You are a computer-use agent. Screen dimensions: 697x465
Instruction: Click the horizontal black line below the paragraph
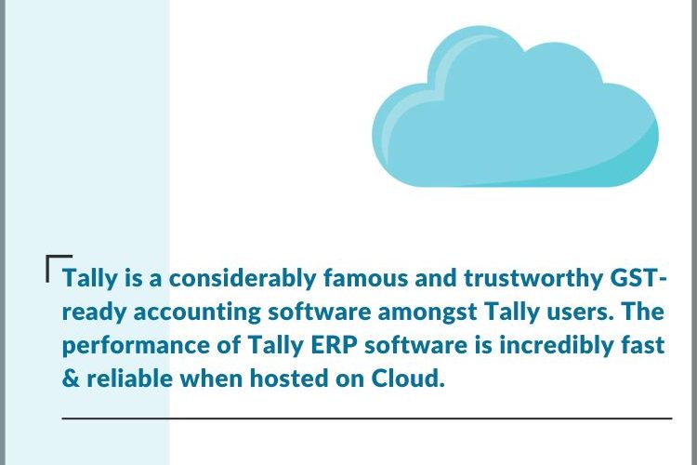pyautogui.click(x=367, y=418)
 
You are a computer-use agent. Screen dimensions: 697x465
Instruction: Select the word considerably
pyautogui.click(x=243, y=279)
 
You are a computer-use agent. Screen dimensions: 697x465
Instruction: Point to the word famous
pyautogui.click(x=365, y=278)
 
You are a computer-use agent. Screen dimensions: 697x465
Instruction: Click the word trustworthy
pyautogui.click(x=532, y=279)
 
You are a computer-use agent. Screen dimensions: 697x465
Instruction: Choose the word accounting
pyautogui.click(x=197, y=312)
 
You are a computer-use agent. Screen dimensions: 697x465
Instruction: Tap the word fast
pyautogui.click(x=643, y=345)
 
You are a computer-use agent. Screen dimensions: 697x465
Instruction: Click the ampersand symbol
pyautogui.click(x=71, y=379)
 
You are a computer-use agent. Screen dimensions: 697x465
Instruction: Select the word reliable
pyautogui.click(x=129, y=379)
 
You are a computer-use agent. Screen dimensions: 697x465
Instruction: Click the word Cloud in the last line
pyautogui.click(x=408, y=379)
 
